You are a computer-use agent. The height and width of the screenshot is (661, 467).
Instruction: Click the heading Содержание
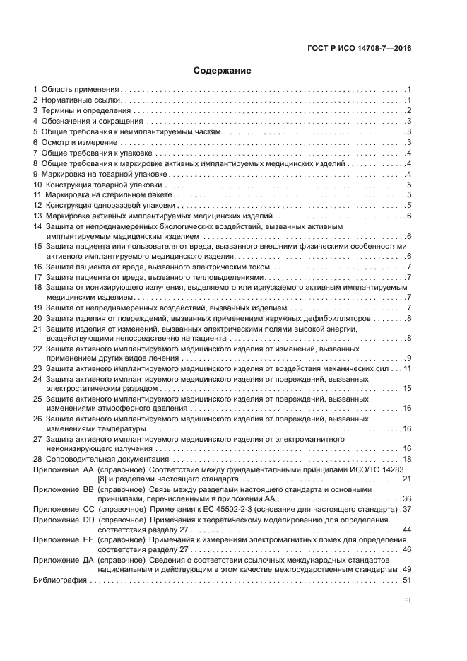click(x=223, y=71)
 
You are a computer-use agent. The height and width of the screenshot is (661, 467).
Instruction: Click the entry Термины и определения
click(x=85, y=111)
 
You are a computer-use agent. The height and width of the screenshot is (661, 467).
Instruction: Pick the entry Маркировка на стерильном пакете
click(x=109, y=194)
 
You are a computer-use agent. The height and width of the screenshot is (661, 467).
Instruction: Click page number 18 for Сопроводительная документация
click(x=407, y=460)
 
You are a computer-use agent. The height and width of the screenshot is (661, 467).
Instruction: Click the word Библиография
click(x=60, y=580)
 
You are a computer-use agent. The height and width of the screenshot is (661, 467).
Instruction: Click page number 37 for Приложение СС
click(x=406, y=510)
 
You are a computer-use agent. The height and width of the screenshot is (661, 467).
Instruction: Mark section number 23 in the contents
click(x=37, y=369)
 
